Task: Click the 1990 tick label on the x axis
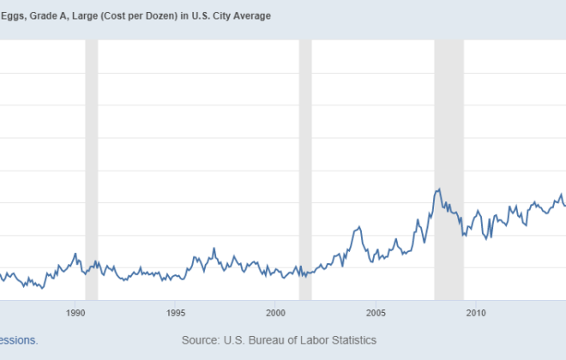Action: click(76, 312)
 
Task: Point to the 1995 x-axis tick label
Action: click(176, 312)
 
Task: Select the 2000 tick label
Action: click(275, 312)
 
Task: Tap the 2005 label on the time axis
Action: click(376, 312)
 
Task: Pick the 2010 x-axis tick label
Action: click(475, 312)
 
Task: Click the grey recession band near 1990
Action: click(91, 171)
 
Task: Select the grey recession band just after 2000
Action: click(304, 171)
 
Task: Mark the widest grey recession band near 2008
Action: click(449, 171)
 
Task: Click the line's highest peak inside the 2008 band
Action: click(438, 189)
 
